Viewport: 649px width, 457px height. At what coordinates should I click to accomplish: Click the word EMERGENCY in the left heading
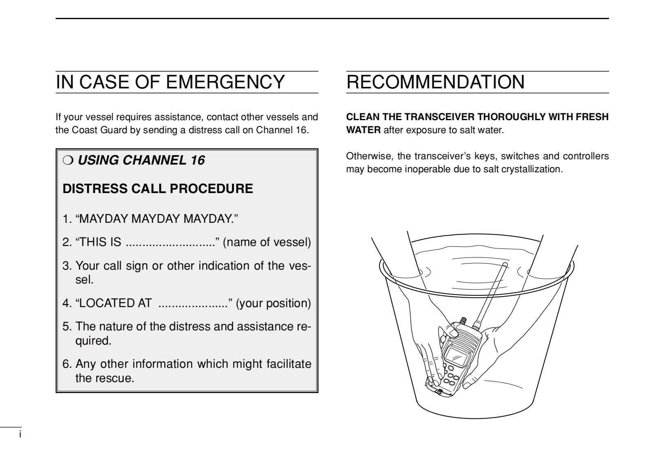click(225, 82)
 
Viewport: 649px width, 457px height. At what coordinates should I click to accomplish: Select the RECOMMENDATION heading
click(435, 82)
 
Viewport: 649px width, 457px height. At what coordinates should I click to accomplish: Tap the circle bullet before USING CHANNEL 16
click(68, 160)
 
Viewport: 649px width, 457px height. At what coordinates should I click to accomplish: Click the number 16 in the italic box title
click(198, 160)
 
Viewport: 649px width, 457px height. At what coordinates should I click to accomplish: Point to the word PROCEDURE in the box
click(211, 189)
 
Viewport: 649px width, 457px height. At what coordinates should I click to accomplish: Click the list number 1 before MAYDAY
click(67, 219)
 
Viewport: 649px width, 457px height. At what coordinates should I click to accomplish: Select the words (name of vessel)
click(267, 242)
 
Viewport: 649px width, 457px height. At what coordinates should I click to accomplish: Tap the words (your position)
click(273, 303)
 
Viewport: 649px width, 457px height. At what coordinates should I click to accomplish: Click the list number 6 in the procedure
click(67, 364)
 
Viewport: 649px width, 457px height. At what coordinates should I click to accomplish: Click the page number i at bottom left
click(20, 434)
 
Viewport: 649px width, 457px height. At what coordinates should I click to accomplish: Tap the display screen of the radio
click(456, 357)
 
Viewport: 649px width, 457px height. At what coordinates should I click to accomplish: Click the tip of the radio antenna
click(505, 264)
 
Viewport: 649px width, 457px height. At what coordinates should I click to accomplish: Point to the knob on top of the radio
click(463, 321)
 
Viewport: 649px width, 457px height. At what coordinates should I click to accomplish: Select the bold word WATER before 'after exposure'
click(363, 130)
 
